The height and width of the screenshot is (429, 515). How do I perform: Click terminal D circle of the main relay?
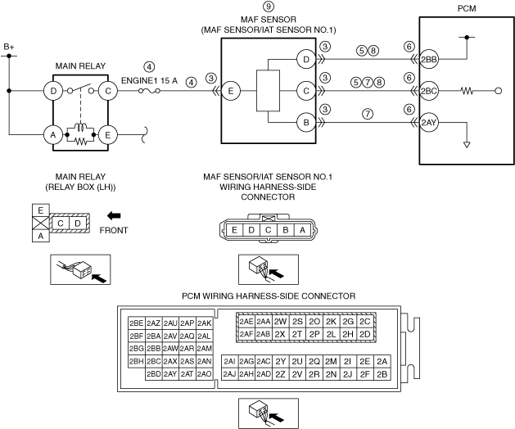coord(54,91)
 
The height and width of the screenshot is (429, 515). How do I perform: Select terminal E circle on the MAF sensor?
coord(231,91)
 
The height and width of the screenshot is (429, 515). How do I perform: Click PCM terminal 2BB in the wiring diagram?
coord(430,59)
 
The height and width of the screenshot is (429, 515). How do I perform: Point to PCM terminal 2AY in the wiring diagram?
coord(430,123)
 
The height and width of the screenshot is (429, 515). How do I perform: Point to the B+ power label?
coord(9,47)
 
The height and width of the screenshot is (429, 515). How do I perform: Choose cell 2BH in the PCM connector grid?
coord(137,361)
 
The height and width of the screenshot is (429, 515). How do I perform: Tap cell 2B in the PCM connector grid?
coord(382,374)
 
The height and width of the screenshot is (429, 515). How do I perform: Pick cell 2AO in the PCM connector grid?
coord(205,374)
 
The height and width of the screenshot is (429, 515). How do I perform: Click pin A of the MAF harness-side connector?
coord(304,230)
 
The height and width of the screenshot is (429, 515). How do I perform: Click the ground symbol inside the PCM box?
coord(465,143)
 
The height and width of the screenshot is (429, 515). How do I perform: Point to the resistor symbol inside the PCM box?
coord(468,91)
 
